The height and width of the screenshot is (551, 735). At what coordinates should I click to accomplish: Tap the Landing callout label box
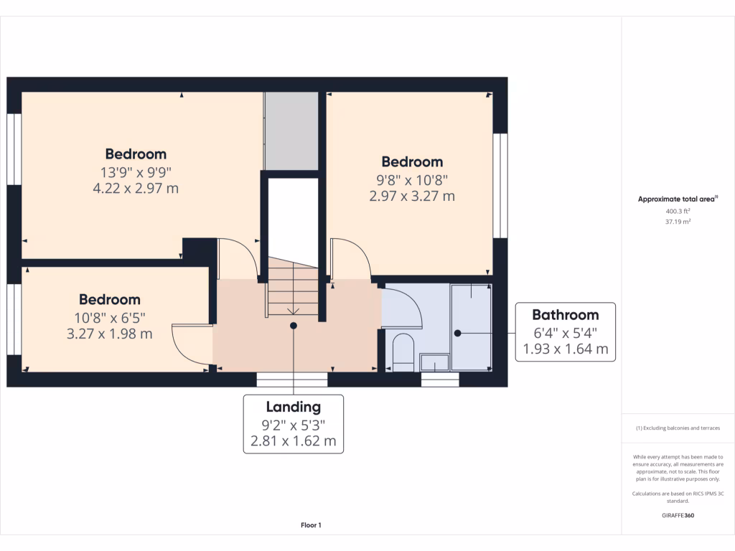coord(293,424)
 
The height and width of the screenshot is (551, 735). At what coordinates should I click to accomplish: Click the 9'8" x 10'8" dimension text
coord(412,179)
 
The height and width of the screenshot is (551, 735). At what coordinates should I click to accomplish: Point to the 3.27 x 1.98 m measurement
coord(110,334)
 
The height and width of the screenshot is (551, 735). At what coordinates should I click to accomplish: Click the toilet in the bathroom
coord(403,352)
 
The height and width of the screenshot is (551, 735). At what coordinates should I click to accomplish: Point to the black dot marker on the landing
coord(293,326)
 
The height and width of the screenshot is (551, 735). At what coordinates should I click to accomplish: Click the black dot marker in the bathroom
coord(457,333)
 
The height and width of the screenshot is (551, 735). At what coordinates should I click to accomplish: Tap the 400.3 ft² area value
coord(678,212)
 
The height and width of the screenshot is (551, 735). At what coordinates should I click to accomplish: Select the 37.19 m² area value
coord(678,222)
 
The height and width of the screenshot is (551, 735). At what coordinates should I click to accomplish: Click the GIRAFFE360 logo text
coord(678,515)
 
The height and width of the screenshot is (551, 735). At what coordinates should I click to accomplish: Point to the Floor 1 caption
coord(311,526)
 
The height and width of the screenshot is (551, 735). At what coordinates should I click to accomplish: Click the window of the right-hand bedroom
coord(500,184)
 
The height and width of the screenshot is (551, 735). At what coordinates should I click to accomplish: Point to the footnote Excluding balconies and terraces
coord(678,428)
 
